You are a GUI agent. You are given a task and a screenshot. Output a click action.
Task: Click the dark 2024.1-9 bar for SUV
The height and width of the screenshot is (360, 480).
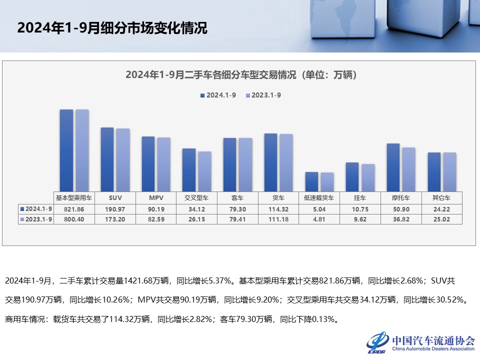[x=107, y=158]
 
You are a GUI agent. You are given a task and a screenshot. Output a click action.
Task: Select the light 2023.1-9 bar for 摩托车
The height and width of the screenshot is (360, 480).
[x=408, y=168]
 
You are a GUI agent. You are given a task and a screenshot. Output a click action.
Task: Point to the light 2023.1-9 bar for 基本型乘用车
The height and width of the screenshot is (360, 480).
[x=82, y=149]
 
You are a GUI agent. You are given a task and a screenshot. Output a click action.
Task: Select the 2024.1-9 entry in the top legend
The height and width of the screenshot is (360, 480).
[x=218, y=95]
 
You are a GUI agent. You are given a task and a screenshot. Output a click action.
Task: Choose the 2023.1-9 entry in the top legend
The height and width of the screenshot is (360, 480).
[x=263, y=95]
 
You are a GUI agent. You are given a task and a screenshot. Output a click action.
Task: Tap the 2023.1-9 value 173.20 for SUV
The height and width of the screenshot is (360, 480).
[x=115, y=218]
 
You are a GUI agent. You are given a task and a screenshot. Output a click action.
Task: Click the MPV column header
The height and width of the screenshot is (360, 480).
[x=156, y=197]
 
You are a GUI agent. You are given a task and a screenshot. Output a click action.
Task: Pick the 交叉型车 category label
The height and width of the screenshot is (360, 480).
[x=197, y=197]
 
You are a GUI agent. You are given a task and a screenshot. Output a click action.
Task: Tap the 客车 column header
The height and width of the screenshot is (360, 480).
[x=237, y=197]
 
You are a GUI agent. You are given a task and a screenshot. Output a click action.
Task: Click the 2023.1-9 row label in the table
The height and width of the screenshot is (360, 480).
[x=36, y=218]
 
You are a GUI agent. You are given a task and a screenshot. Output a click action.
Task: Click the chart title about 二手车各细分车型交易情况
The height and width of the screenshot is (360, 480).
[x=240, y=75]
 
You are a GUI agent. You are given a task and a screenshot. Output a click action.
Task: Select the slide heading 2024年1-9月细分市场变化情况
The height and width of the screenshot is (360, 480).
[x=112, y=28]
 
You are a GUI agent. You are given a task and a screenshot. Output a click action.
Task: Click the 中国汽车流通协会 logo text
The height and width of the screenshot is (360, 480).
[x=433, y=340]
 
